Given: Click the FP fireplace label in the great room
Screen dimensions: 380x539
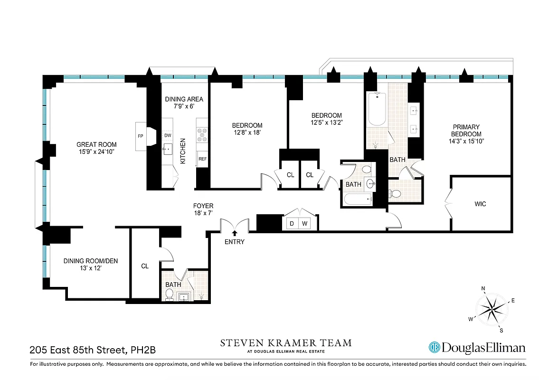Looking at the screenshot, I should (140, 136).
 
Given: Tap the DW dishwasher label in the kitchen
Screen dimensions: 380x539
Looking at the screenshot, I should (168, 135).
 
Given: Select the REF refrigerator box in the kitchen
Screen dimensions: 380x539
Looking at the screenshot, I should (203, 159).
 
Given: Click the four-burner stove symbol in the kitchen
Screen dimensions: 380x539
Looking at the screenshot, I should (202, 135).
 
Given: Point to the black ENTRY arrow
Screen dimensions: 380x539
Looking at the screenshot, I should (235, 232).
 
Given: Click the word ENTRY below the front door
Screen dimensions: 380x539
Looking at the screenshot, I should (235, 242).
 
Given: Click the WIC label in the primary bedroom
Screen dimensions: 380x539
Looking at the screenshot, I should (480, 204).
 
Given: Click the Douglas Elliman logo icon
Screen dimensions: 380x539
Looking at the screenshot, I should (434, 348).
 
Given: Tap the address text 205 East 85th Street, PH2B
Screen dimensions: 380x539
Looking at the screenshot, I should (92, 351).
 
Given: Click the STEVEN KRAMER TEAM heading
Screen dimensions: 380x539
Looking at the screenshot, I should (285, 342).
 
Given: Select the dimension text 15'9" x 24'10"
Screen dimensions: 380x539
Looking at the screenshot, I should (96, 152).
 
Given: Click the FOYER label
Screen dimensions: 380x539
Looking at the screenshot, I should (203, 206).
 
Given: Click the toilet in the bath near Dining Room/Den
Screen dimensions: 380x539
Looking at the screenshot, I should (169, 294).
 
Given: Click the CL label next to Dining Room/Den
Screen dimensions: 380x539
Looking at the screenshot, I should (145, 266).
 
